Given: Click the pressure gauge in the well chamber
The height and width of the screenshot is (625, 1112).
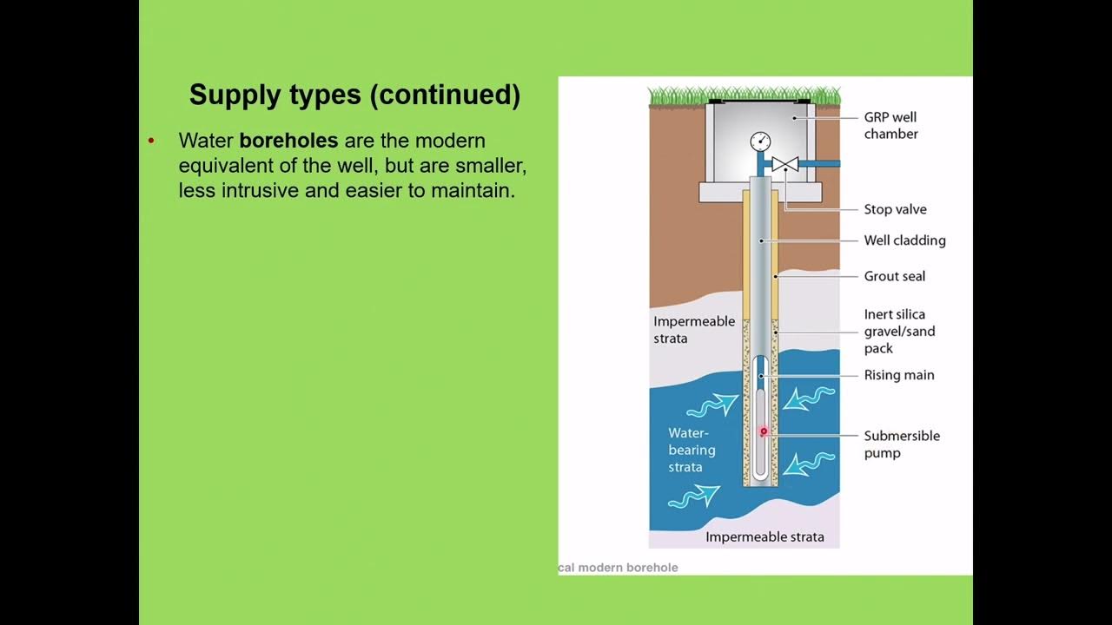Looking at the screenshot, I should (x=760, y=141).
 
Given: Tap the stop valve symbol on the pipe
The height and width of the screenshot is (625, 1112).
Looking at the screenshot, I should (x=785, y=164).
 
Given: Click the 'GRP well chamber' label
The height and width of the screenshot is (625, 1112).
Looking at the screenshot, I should (x=890, y=125).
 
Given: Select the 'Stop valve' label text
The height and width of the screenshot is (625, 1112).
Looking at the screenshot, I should (x=895, y=209).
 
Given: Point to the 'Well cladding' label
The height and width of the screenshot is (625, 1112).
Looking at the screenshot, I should (x=904, y=240).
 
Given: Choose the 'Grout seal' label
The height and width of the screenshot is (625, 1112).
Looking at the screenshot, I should (x=894, y=276).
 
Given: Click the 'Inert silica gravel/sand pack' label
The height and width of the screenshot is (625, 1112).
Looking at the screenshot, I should (x=899, y=331).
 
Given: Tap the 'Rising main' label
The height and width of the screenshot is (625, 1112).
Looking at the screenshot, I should (x=899, y=375).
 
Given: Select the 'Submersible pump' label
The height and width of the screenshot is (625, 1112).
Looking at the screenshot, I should (x=902, y=444).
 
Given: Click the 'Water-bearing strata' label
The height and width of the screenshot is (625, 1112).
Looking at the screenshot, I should (x=692, y=450).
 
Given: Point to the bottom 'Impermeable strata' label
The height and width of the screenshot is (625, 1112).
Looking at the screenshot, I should (x=764, y=536).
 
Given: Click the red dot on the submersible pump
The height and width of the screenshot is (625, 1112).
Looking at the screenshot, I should (x=764, y=431).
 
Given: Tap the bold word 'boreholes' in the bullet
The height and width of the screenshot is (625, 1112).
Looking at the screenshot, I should (x=288, y=141).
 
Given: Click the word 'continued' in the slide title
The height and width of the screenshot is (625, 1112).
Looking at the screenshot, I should (x=444, y=95).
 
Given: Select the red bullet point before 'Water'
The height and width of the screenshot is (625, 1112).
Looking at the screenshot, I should (x=151, y=141).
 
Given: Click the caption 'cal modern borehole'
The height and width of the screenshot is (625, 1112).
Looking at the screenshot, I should (x=618, y=568).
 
